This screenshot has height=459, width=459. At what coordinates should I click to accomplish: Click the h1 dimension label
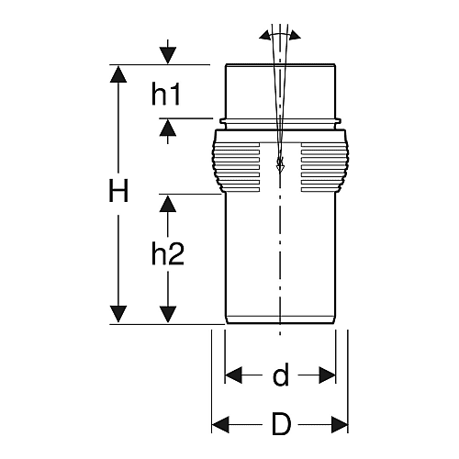[166, 95]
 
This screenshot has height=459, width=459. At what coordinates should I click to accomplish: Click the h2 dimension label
[168, 253]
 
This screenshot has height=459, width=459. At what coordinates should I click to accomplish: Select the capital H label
[118, 191]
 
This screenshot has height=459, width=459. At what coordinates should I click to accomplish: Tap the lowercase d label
[281, 375]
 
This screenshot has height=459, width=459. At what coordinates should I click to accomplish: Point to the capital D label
[281, 424]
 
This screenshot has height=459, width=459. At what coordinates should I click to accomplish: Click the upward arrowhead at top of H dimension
[118, 73]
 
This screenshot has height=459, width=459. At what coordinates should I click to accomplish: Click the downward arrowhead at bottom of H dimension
[118, 314]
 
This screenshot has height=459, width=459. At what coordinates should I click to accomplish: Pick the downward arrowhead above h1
[168, 56]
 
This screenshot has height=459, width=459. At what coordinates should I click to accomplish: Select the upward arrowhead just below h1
[168, 128]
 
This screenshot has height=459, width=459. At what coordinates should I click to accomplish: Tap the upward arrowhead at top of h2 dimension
[168, 204]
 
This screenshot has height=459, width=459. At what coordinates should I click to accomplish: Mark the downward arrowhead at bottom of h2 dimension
[168, 314]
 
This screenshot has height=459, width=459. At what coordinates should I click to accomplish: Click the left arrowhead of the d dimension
[234, 375]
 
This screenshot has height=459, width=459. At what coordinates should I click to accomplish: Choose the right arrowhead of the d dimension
[327, 375]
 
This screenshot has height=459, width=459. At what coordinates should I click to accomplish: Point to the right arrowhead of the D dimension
[340, 425]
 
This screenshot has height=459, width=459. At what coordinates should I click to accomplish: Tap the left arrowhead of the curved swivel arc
[265, 36]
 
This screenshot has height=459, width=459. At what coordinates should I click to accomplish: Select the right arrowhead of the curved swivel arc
[296, 35]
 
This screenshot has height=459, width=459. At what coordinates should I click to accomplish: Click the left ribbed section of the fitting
[236, 167]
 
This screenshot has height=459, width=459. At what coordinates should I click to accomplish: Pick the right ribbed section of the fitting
[325, 167]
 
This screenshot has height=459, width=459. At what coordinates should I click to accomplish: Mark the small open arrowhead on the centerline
[280, 165]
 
